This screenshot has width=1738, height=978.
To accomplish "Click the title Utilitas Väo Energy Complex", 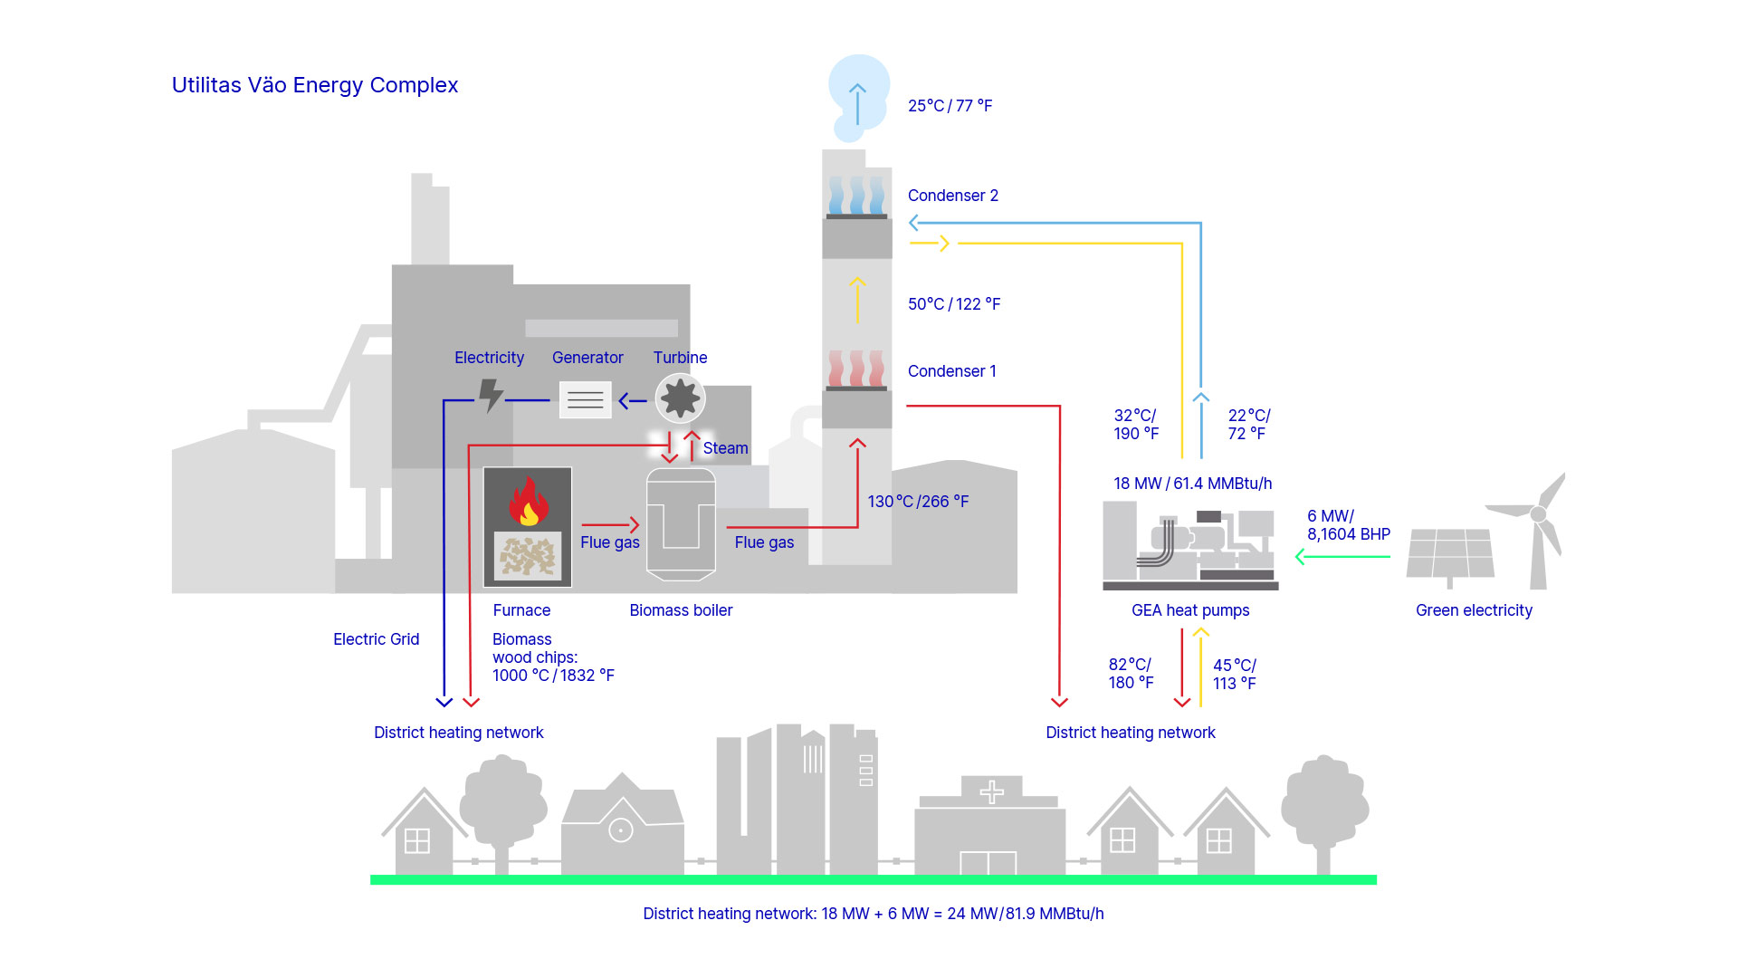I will point(315,85).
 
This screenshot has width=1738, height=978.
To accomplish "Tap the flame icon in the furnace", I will point(529,503).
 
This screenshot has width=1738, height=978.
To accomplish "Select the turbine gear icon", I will point(680,398).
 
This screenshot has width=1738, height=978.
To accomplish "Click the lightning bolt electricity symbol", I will point(491,396).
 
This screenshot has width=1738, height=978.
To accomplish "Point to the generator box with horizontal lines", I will point(585,399).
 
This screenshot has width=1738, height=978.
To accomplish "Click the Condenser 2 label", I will point(952,196).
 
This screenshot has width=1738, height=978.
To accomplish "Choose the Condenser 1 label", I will point(951,371).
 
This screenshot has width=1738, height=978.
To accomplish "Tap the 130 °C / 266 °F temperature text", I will point(918,502).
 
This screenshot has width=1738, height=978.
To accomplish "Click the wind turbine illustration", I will point(1539,530).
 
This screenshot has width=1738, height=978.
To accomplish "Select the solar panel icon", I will point(1450,553).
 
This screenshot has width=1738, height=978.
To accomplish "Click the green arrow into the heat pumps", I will point(1342,557).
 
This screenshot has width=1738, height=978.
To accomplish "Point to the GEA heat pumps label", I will point(1189,610).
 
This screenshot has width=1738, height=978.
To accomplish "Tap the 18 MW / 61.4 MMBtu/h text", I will point(1192,484).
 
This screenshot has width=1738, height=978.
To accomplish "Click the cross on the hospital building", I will point(991,792).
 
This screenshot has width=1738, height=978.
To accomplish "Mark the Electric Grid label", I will point(376,639).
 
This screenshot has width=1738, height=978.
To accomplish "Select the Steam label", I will point(725,448).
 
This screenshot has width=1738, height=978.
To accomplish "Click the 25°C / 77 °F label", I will point(950,106).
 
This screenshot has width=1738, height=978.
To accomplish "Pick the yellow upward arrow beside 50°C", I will point(857,301).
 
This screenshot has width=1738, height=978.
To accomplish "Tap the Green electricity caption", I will point(1474,610).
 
